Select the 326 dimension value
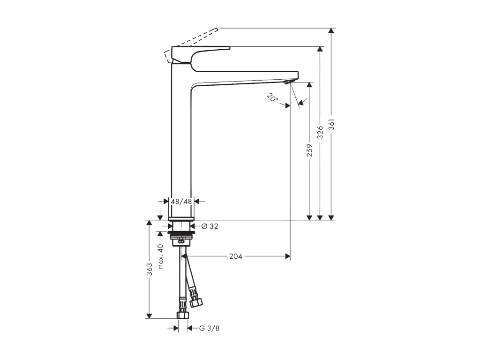click(320, 133)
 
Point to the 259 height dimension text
click(309, 150)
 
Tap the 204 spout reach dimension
click(235, 256)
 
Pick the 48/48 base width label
click(181, 201)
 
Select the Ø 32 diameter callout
click(210, 226)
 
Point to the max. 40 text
click(160, 256)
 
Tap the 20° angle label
click(272, 98)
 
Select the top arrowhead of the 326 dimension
click(320, 49)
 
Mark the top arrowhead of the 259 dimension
click(309, 85)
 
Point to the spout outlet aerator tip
click(288, 83)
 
